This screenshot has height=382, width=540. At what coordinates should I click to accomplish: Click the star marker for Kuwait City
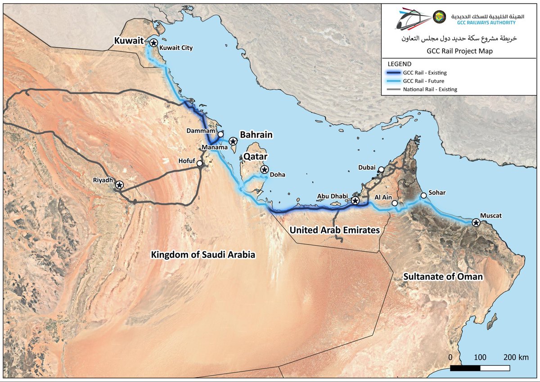pos(153,43)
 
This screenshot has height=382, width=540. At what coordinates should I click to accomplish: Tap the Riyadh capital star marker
pos(119,184)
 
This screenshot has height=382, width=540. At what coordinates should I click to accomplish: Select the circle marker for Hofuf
pos(199,163)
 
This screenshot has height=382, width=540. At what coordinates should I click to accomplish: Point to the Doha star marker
pos(264,169)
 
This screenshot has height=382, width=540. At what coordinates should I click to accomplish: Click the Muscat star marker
pos(476,222)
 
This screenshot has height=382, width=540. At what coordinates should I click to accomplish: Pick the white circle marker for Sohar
pos(423,196)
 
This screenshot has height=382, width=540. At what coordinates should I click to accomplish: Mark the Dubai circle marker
pos(381,170)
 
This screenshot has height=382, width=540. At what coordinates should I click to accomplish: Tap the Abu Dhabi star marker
pos(355,200)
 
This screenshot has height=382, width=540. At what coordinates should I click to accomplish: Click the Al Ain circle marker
pos(395,203)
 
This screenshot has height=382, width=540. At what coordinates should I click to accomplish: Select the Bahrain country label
pos(256,135)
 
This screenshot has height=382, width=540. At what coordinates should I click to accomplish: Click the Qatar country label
pos(256,157)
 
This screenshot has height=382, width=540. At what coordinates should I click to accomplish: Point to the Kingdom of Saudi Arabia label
pos(203,255)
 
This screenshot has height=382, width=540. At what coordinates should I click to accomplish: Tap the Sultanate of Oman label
pos(443,276)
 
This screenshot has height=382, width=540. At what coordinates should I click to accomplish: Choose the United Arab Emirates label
pos(335,230)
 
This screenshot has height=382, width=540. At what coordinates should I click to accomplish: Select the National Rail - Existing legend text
pos(430,90)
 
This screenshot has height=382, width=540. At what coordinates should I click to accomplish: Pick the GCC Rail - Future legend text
pos(423,81)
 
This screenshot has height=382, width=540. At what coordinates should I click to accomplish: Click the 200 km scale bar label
pos(516,358)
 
